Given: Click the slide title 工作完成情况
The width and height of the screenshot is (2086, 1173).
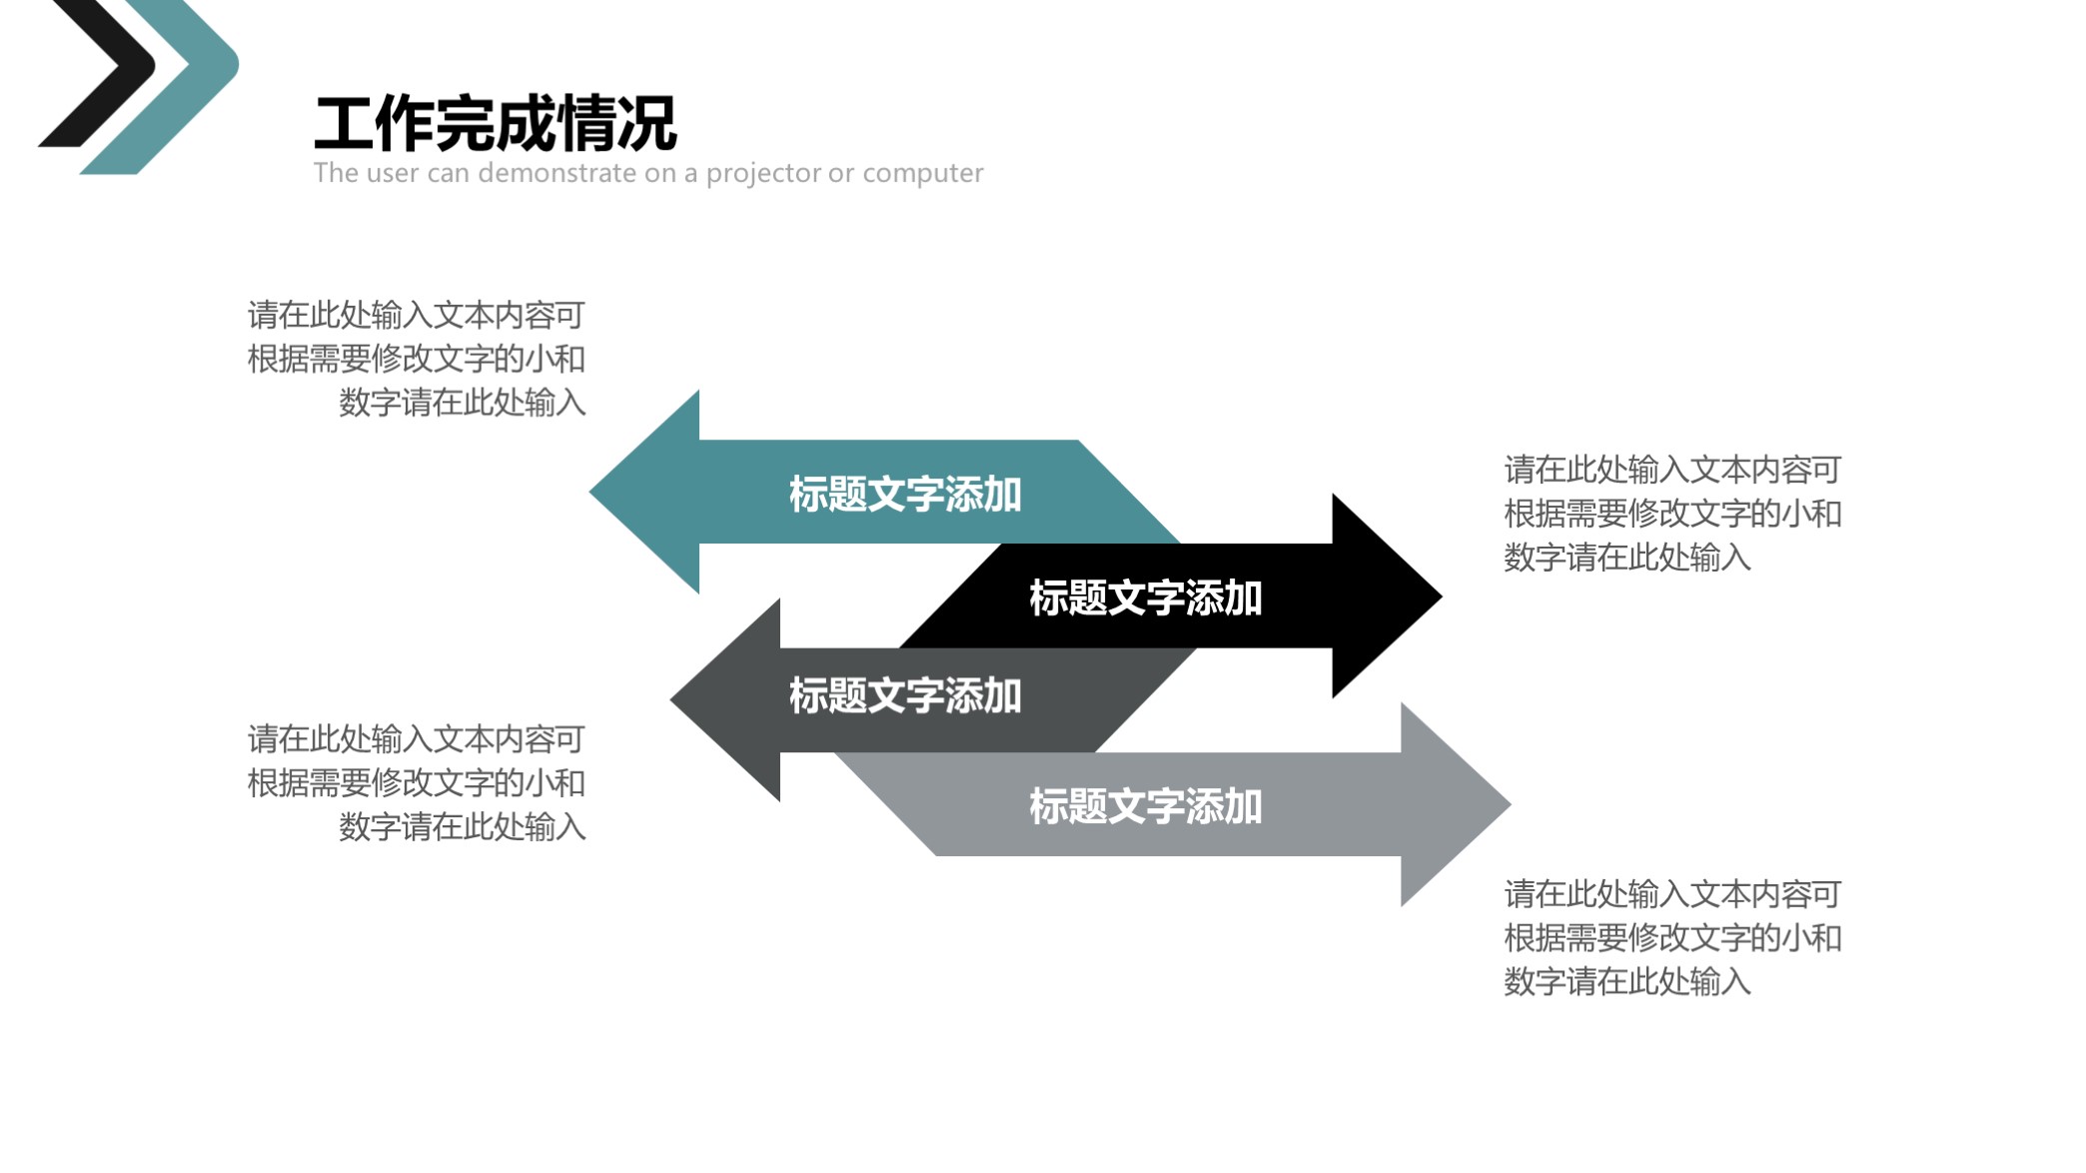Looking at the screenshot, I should pyautogui.click(x=496, y=124).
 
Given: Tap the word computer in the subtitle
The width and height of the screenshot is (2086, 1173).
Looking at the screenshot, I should pyautogui.click(x=923, y=174).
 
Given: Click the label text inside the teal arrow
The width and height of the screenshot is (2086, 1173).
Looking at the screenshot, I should pyautogui.click(x=905, y=495).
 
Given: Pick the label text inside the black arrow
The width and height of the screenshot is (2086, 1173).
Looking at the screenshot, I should pyautogui.click(x=1145, y=598).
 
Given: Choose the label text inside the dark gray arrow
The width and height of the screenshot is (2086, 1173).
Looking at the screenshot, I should pyautogui.click(x=905, y=696).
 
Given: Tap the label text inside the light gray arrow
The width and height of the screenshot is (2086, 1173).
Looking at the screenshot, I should pyautogui.click(x=1145, y=807).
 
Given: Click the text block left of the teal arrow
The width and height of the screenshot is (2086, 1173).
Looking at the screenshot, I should pyautogui.click(x=418, y=359).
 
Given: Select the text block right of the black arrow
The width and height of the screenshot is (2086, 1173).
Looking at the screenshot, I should pyautogui.click(x=1671, y=514).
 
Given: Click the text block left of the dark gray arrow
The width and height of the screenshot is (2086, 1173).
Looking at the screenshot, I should pyautogui.click(x=418, y=783).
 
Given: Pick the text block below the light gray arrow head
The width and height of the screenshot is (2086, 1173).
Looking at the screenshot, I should pyautogui.click(x=1671, y=938).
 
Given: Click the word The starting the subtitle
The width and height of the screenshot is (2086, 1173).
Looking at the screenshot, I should pyautogui.click(x=336, y=174).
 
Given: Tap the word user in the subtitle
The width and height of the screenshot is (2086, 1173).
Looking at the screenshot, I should pyautogui.click(x=393, y=174).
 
